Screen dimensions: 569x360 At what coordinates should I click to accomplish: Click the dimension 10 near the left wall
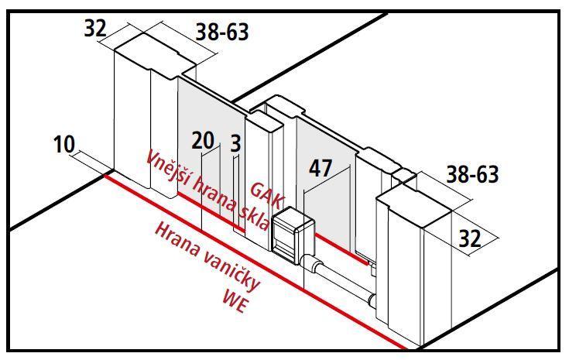pos(64,144)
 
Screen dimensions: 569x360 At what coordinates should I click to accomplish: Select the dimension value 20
pos(203,140)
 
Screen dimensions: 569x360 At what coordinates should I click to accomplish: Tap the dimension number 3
pos(235,143)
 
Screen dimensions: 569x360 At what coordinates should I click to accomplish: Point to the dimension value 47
pos(320,168)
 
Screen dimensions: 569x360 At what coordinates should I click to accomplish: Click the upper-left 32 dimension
pos(95,28)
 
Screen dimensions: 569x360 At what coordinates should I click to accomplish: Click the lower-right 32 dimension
pos(470,238)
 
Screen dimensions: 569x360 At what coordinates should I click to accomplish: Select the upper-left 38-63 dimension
pos(222,32)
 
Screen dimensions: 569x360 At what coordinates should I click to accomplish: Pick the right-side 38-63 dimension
pos(472,174)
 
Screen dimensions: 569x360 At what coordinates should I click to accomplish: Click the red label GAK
pos(268,196)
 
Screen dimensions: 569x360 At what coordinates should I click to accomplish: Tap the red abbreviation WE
pos(236,301)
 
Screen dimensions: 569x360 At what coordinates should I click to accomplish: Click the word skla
pos(255,219)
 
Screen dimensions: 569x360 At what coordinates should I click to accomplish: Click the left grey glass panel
pos(211,153)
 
